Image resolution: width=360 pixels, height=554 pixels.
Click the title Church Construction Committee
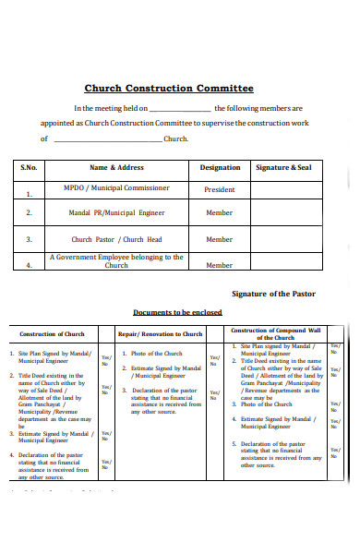(x=169, y=89)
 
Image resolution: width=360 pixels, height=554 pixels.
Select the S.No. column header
(x=30, y=168)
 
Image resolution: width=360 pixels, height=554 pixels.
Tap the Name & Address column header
(x=116, y=168)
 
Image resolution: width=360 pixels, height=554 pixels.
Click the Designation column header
(x=220, y=168)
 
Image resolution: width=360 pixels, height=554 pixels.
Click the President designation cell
(x=220, y=189)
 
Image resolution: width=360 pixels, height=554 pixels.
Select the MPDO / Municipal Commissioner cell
(x=116, y=187)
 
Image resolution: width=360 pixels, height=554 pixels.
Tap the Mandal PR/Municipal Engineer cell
(x=116, y=212)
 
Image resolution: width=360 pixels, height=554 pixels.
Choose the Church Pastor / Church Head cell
(x=116, y=238)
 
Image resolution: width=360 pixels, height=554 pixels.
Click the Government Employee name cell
(x=116, y=261)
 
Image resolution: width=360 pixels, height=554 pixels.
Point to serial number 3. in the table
(x=30, y=239)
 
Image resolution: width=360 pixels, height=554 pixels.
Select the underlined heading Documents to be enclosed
(x=177, y=312)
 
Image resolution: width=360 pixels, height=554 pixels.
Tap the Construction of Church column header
(x=54, y=334)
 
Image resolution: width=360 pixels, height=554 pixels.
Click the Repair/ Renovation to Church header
(x=161, y=334)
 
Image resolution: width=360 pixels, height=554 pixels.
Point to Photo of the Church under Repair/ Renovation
(x=157, y=354)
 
